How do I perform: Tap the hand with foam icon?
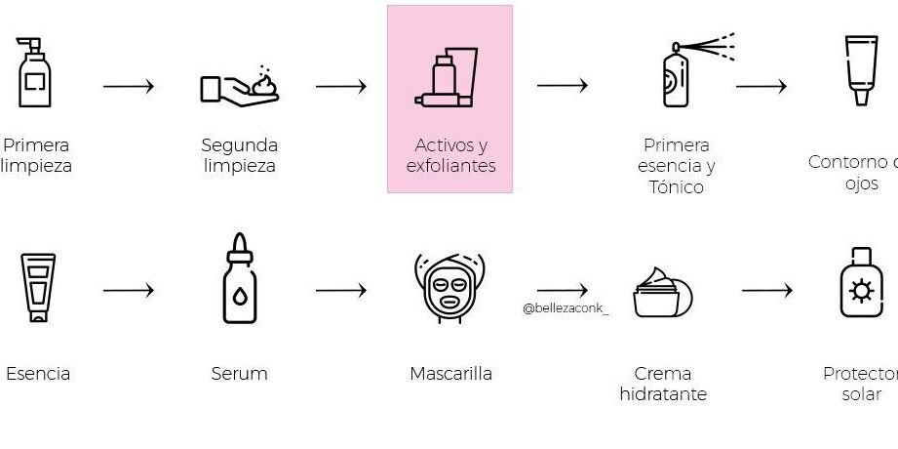(239, 86)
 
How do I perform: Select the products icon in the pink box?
(447, 77)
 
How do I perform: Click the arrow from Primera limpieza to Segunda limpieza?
(129, 86)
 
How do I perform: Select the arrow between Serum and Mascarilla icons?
(340, 290)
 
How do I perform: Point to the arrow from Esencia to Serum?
(129, 290)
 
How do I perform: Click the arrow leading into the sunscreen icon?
(766, 290)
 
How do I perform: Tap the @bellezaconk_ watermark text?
(566, 308)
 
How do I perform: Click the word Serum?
(239, 374)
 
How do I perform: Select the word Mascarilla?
(450, 374)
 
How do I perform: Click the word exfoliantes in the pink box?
(450, 166)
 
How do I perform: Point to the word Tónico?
(676, 186)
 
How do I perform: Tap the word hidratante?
(663, 394)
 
